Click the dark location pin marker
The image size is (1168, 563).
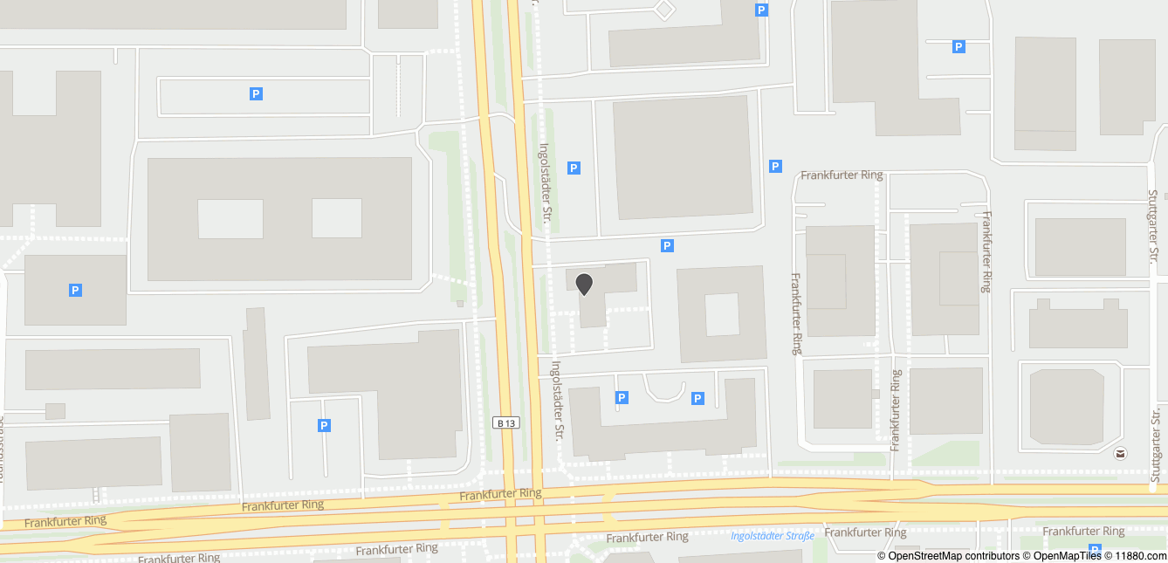pos(584,284)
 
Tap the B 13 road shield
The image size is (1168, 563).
pos(506,423)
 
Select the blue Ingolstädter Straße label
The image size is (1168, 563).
pos(773,536)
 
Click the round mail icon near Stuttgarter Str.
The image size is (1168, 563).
pos(1120,453)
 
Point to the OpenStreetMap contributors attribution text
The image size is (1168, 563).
pos(948,556)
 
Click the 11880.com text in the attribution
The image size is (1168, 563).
pos(1138,556)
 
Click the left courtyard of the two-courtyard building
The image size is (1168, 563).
pos(230,218)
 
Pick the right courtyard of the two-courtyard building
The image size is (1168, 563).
pos(337,218)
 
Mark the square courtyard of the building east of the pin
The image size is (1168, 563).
pos(722,314)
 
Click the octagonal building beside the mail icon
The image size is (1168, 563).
pos(1068,406)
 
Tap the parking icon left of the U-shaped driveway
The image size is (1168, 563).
pos(622,398)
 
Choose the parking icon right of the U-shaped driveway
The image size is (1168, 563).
pos(697,398)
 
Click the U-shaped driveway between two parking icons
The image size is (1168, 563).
pos(663,390)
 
